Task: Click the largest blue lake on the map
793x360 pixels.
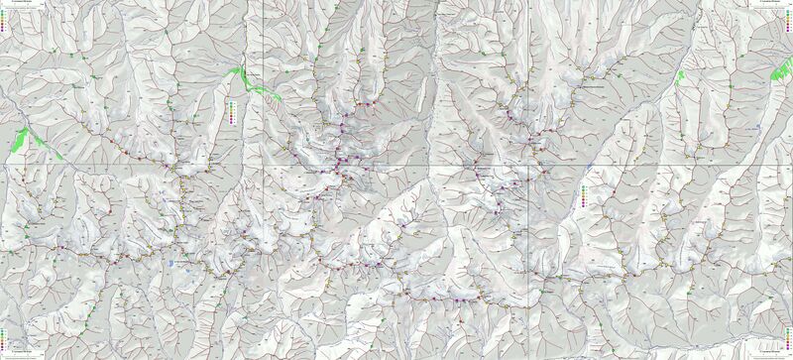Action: pos(175,263)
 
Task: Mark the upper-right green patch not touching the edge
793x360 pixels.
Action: pos(681,76)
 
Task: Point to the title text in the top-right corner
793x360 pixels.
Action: pos(773,4)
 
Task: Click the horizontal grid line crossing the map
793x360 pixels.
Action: pos(396,163)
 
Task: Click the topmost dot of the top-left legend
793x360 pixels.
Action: pos(4,11)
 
